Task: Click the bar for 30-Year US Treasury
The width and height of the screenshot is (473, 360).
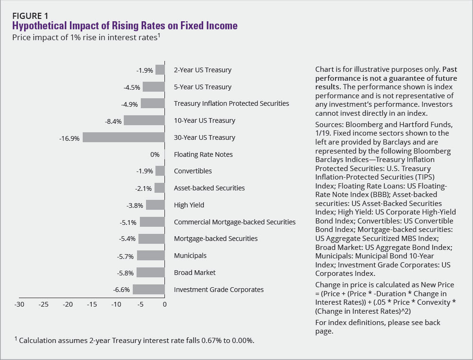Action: coord(124,137)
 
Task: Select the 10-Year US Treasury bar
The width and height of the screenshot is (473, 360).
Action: coord(144,120)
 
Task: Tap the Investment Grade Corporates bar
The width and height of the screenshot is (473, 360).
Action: coord(149,290)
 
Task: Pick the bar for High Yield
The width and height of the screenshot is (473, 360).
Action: coord(155,205)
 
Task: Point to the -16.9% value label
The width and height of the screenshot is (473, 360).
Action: coord(69,138)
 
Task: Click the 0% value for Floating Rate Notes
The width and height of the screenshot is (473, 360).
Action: coord(155,154)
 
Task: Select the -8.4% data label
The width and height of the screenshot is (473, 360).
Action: coord(113,121)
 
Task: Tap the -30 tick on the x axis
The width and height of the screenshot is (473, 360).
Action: coord(19,304)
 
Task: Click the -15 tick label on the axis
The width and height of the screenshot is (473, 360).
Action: coord(92,304)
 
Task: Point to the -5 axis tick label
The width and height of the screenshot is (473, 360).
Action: coord(140,304)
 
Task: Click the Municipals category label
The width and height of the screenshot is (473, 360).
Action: coord(190,256)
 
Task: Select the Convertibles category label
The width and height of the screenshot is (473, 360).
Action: coord(193,171)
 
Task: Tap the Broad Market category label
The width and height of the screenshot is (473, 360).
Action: coord(195,273)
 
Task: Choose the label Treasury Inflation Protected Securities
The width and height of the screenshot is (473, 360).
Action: coord(232,103)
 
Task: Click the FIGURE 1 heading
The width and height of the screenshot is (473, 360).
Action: coord(30,16)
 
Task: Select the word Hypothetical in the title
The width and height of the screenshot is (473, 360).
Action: coord(40,26)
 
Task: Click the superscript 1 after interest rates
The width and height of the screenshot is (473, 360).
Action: coord(159,35)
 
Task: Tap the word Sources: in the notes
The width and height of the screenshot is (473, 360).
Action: coord(329,125)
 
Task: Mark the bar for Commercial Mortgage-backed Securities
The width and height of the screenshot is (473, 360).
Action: coord(152,222)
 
